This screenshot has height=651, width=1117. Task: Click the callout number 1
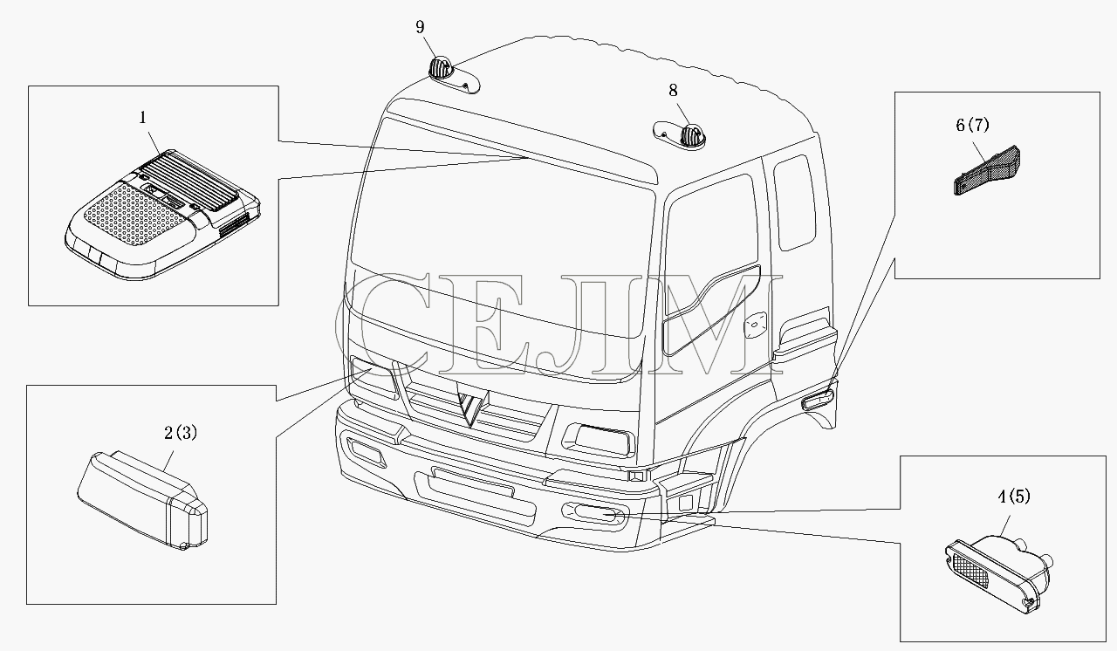(x=143, y=118)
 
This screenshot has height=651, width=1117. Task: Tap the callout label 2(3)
(x=181, y=433)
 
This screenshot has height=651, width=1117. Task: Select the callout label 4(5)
(x=1014, y=497)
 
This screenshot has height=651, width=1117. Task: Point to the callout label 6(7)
(x=972, y=125)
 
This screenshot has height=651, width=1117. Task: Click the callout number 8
(x=673, y=90)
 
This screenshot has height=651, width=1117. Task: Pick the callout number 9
(x=420, y=27)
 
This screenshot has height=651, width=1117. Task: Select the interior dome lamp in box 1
(x=162, y=215)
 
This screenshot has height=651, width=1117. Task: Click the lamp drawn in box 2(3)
(x=142, y=500)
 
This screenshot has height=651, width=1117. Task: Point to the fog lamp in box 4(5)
(x=999, y=574)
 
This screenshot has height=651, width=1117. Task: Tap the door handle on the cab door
(x=755, y=326)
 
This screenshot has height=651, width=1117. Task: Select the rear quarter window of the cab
(x=795, y=202)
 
